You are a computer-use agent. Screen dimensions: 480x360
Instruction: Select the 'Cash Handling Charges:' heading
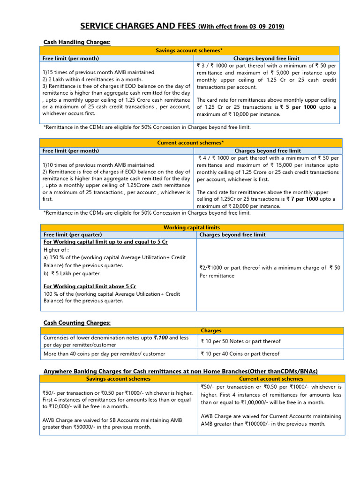click(x=77, y=42)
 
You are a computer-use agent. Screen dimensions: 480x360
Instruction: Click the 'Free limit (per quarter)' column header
click(x=73, y=234)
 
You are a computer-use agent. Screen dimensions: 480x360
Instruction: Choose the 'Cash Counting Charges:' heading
click(x=77, y=322)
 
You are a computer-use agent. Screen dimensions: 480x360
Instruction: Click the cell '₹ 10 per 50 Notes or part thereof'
click(x=240, y=341)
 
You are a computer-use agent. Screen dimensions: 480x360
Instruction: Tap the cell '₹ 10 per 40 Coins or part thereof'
click(x=240, y=354)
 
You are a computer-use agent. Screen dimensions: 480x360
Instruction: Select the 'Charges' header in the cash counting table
click(x=211, y=330)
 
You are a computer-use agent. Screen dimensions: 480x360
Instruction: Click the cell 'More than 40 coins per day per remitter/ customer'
click(x=105, y=354)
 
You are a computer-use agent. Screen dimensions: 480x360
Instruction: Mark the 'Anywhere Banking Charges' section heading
click(x=180, y=371)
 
